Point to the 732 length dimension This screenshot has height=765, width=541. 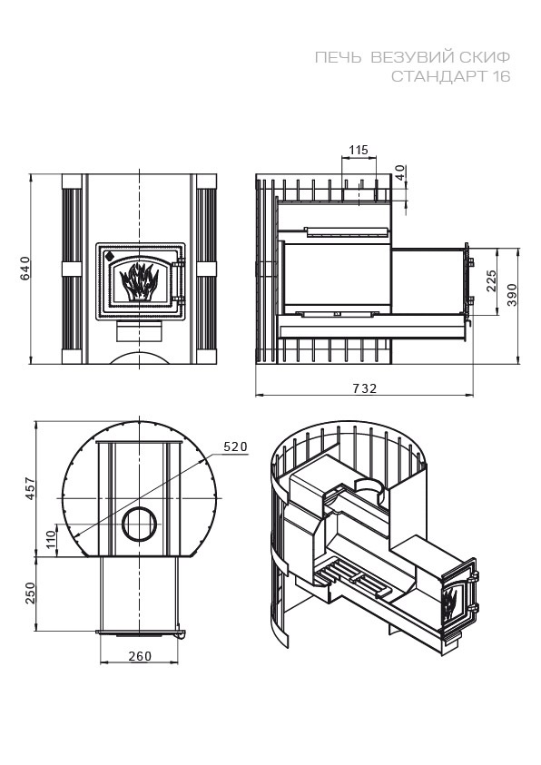pos(364,388)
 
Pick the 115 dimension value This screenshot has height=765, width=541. pos(359,150)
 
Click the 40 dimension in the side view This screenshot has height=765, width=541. pos(399,172)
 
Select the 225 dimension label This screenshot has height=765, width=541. pos(491,281)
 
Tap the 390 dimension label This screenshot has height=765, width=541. pos(512,295)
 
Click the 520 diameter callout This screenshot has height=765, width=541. pos(236,446)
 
